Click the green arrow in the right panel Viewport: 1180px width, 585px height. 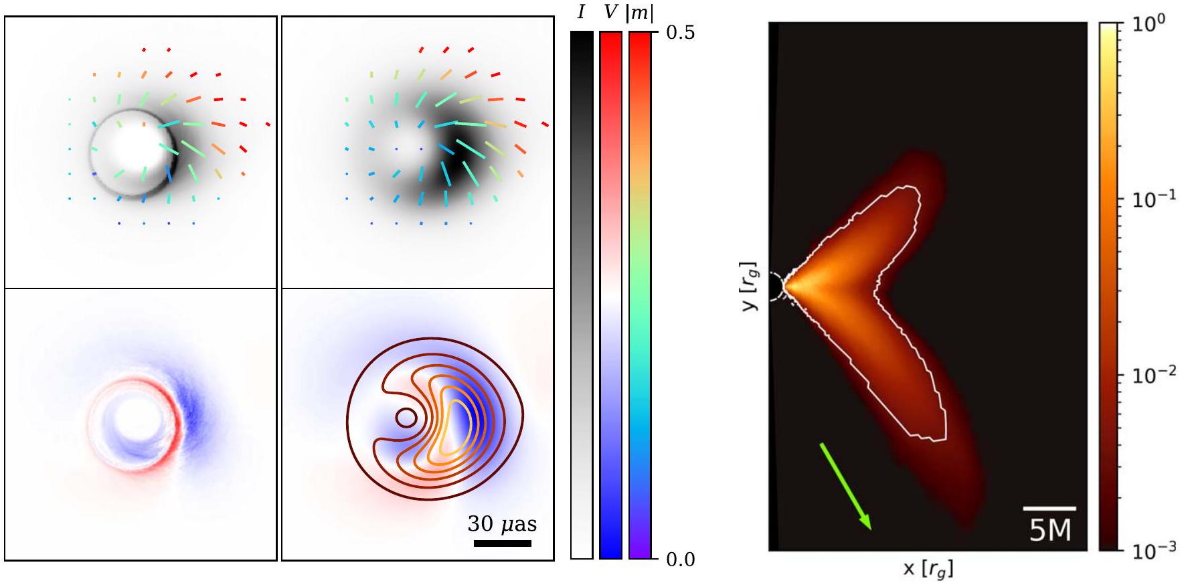click(845, 486)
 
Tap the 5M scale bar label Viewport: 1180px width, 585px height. click(1050, 531)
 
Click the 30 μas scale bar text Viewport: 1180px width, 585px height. click(502, 523)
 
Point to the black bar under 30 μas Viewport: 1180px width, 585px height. click(502, 543)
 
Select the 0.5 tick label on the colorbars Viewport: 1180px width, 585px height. click(681, 32)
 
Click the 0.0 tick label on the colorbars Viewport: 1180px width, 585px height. click(681, 560)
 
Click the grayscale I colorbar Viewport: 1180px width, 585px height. click(581, 295)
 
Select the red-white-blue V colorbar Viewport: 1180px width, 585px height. click(610, 295)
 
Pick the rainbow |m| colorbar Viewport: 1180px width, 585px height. click(640, 295)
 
